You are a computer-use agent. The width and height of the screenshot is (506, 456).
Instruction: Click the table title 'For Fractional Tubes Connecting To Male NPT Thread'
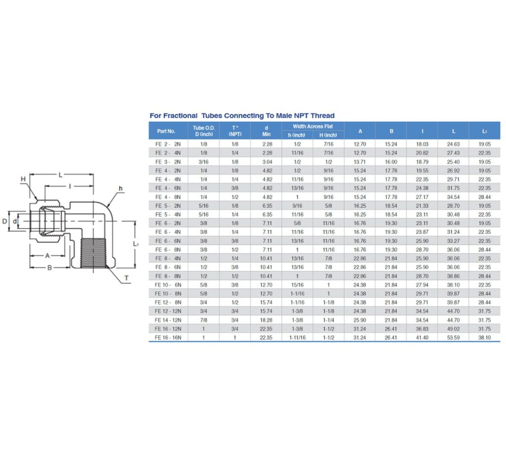[242, 116]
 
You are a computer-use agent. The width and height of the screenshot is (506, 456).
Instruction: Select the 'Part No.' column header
[166, 131]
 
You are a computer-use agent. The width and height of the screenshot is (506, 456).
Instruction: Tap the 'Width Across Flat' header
[313, 127]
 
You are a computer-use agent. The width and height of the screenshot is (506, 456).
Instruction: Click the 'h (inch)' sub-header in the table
[296, 135]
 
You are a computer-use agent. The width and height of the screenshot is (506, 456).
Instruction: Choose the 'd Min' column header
[266, 131]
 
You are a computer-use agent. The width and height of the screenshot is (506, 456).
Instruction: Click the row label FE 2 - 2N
[168, 144]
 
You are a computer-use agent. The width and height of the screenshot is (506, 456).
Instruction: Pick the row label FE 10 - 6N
[168, 285]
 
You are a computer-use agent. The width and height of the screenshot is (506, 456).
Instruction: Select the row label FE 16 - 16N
[168, 338]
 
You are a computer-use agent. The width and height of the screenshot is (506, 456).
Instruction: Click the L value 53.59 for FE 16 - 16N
[453, 338]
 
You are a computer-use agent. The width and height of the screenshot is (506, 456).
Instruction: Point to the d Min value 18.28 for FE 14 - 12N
[266, 320]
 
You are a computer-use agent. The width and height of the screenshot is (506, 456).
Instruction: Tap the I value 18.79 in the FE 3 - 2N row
[422, 162]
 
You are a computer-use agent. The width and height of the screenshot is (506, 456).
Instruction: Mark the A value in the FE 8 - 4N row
[359, 259]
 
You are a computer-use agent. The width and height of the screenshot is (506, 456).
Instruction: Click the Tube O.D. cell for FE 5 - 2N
[204, 206]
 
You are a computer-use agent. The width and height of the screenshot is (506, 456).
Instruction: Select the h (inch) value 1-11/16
[296, 338]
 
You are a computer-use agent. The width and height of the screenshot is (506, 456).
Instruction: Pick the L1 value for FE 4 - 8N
[484, 197]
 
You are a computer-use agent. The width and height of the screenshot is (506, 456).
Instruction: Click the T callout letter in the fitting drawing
[126, 278]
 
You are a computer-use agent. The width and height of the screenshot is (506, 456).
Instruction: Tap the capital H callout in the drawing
[23, 179]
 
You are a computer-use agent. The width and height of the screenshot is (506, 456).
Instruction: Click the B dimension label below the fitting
[49, 268]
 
